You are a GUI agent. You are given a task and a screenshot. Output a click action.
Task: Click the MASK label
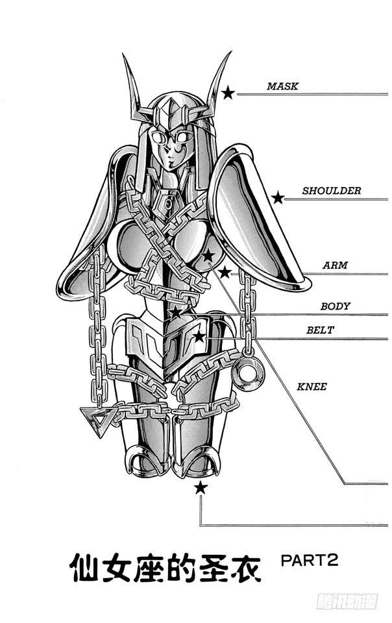point(282,86)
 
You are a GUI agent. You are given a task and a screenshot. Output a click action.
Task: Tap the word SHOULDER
point(332,191)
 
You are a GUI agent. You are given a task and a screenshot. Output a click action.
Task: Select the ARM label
point(335,265)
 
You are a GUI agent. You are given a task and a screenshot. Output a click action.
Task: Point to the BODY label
point(335,306)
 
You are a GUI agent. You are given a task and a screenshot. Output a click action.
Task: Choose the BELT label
point(320,330)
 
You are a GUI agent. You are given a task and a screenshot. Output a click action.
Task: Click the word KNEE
point(312,387)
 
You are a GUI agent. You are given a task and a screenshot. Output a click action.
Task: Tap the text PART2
point(310,560)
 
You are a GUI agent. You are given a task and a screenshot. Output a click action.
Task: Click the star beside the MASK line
point(228,93)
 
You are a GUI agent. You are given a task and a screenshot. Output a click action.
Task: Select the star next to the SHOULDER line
point(278,197)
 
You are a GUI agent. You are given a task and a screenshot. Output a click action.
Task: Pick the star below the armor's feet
point(201,487)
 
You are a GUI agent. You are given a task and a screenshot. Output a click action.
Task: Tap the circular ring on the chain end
point(248,373)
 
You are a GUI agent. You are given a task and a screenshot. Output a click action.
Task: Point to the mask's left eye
point(158,138)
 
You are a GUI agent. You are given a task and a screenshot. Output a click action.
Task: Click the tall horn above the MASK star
point(217,82)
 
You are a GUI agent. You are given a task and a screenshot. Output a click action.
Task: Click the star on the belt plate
point(199,337)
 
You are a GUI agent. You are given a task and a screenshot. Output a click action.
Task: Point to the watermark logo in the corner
point(347,601)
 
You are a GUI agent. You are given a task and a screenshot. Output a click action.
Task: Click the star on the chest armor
point(208,256)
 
